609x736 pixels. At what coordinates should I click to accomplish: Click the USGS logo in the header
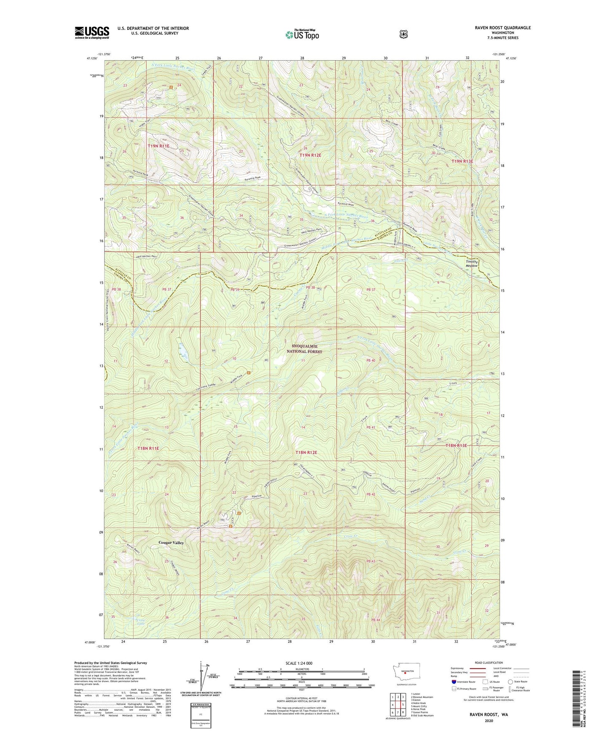pyautogui.click(x=92, y=32)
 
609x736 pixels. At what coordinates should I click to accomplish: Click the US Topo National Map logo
pyautogui.click(x=301, y=34)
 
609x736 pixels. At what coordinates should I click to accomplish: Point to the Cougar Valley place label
pyautogui.click(x=171, y=543)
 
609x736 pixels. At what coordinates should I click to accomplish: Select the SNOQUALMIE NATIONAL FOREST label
pyautogui.click(x=304, y=349)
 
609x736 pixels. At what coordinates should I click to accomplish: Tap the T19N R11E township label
pyautogui.click(x=158, y=146)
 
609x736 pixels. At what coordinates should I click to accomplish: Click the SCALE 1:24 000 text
pyautogui.click(x=299, y=663)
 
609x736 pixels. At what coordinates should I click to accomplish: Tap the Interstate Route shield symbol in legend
pyautogui.click(x=453, y=681)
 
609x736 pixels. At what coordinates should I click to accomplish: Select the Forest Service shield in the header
pyautogui.click(x=403, y=34)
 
